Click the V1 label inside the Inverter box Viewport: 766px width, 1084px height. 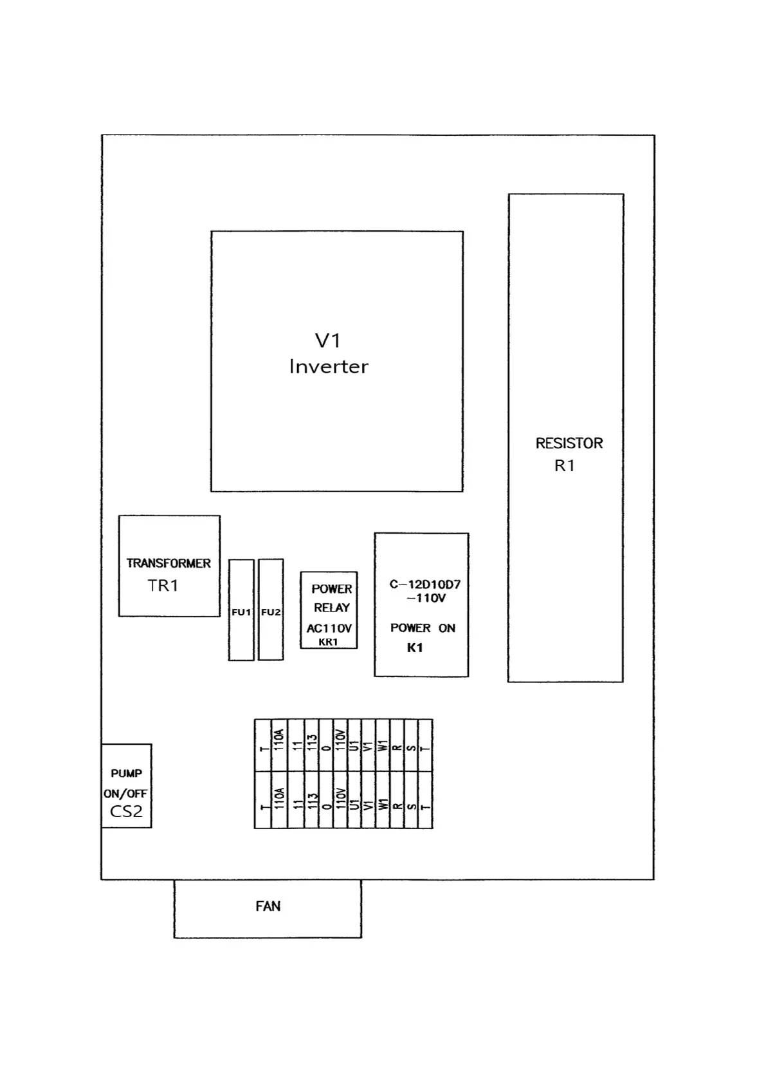click(x=327, y=341)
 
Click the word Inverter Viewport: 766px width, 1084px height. click(x=329, y=367)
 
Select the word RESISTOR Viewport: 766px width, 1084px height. click(x=569, y=444)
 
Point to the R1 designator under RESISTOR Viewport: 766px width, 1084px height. click(x=565, y=465)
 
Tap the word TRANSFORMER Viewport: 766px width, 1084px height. click(x=169, y=563)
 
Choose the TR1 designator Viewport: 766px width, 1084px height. click(x=163, y=586)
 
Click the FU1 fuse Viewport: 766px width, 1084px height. click(x=241, y=612)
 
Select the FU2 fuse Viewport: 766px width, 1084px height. click(x=271, y=612)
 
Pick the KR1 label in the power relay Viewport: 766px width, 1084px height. click(x=328, y=642)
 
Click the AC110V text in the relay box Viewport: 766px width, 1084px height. click(x=329, y=628)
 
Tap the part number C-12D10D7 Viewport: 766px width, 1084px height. click(x=425, y=584)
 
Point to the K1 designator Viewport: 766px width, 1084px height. click(x=415, y=648)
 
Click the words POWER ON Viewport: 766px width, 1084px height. click(x=423, y=628)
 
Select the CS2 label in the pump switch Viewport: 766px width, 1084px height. click(x=126, y=811)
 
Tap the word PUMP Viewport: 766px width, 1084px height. click(x=126, y=773)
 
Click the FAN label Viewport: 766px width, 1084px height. click(x=268, y=906)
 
